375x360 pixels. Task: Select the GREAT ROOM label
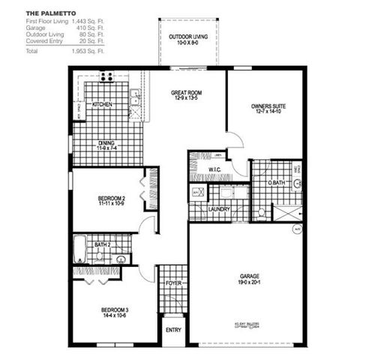click(187, 93)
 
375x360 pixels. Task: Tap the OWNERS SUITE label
click(267, 107)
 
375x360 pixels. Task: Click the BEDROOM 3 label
click(115, 309)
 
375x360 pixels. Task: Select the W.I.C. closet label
click(214, 170)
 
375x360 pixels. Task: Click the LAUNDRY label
click(220, 209)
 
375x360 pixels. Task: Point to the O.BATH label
click(277, 183)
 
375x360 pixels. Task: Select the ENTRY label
click(173, 329)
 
